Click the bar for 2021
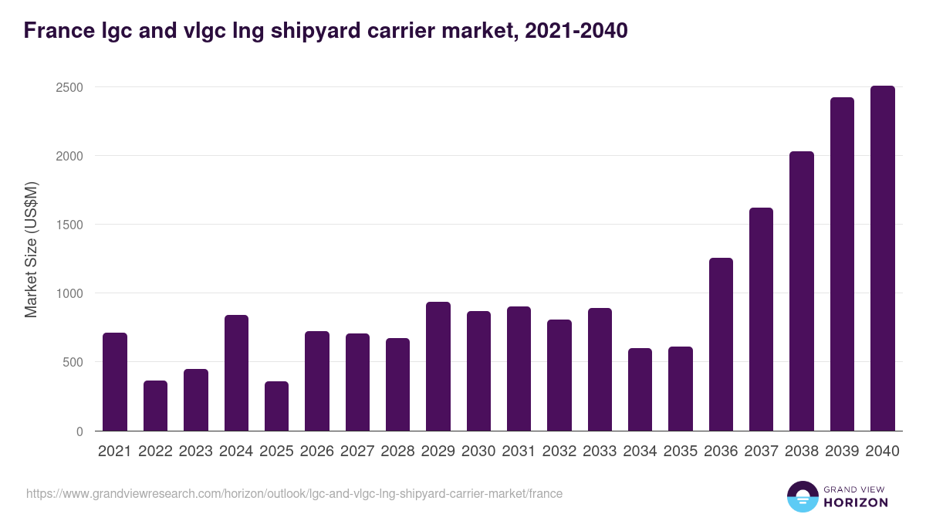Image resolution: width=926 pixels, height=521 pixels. [x=115, y=382]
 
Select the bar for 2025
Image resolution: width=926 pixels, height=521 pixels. [x=276, y=406]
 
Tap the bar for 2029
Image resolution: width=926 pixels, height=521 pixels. [x=438, y=367]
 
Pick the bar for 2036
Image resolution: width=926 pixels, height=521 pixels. [x=721, y=344]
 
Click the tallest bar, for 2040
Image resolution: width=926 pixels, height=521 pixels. [x=882, y=259]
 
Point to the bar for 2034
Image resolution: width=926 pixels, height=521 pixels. [x=640, y=390]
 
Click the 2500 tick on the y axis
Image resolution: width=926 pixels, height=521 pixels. [x=69, y=87]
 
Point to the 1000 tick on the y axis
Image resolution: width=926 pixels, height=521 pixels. [x=69, y=294]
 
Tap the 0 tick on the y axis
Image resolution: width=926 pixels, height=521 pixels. [x=79, y=431]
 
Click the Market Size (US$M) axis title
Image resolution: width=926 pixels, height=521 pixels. [x=31, y=249]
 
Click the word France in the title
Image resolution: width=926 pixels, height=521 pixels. [x=58, y=31]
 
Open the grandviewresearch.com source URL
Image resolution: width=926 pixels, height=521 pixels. [x=294, y=493]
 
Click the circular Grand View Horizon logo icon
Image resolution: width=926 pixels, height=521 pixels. [x=803, y=496]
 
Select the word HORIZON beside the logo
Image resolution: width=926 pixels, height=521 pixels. [x=855, y=502]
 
